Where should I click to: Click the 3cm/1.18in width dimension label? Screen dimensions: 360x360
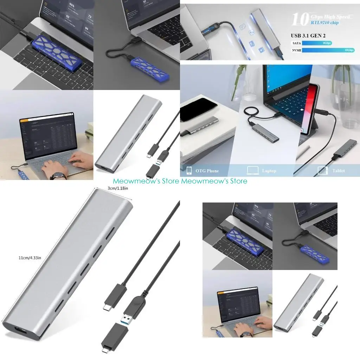coord(118,188)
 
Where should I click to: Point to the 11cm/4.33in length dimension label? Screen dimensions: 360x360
coord(30,258)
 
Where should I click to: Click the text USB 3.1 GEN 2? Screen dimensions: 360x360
coord(311,36)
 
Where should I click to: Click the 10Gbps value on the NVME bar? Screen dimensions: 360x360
coord(350,50)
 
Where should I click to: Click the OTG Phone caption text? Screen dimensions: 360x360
coord(207,171)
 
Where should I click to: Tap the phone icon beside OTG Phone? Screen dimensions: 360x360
coord(189,171)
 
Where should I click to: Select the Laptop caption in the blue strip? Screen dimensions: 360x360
coord(269,171)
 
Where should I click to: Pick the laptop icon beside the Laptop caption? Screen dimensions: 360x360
coord(253,171)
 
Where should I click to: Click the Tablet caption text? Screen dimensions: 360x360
coord(338,171)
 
